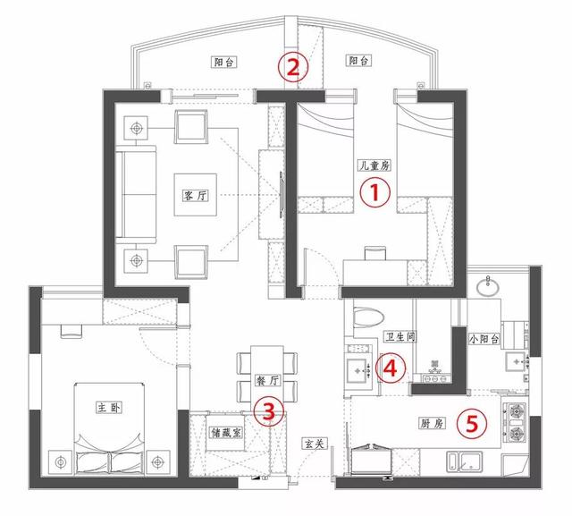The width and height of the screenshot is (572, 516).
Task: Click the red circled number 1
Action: tap(375, 192)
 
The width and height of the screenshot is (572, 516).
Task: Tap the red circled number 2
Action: tap(293, 67)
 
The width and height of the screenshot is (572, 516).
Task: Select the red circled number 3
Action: tap(268, 411)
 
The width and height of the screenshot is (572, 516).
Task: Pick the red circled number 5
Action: tap(472, 424)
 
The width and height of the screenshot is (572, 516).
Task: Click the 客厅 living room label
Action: tap(196, 195)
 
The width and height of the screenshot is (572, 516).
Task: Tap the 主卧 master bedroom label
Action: tap(109, 407)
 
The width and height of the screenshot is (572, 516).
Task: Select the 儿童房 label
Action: tap(374, 165)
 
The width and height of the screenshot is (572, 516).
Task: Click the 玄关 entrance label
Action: tap(315, 444)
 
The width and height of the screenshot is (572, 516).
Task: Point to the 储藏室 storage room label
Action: tap(226, 433)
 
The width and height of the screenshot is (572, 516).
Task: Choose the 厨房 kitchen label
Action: tap(432, 423)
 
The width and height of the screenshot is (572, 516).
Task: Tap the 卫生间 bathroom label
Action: tap(400, 336)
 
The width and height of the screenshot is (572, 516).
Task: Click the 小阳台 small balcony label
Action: tap(484, 339)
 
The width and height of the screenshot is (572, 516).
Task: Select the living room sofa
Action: tap(136, 194)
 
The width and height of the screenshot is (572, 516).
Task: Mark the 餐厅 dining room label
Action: tap(267, 381)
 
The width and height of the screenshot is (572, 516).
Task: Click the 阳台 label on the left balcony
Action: tap(224, 62)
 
